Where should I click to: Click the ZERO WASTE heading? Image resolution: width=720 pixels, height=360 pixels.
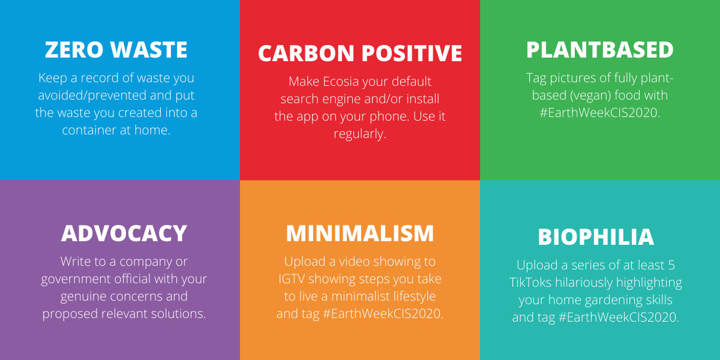(116, 49)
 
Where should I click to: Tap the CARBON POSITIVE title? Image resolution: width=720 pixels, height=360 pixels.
(360, 53)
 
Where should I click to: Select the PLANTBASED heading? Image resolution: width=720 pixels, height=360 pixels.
(600, 49)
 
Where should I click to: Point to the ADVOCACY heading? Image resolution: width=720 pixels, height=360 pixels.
(124, 233)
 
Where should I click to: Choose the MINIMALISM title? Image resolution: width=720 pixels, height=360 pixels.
(360, 233)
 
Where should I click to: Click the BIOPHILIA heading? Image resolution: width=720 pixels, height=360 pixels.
(596, 237)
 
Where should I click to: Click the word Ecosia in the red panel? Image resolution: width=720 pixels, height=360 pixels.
(341, 82)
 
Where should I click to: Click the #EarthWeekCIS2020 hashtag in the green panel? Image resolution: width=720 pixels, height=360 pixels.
(600, 113)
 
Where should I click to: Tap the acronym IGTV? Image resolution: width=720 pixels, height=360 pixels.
(291, 279)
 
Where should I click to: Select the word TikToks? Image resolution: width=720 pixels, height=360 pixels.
(530, 283)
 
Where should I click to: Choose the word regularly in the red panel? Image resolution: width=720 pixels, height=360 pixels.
(359, 134)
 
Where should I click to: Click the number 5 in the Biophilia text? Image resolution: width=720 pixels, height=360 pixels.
(671, 265)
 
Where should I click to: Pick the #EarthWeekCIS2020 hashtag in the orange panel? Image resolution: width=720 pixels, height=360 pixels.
(383, 314)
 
